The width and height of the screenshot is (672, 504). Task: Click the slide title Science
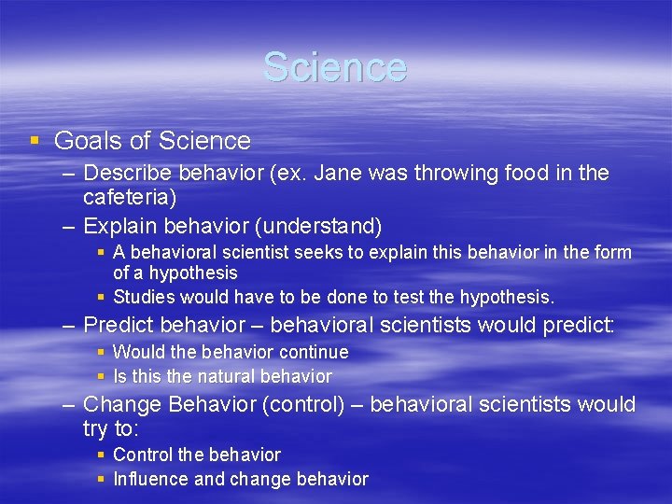pos(335,67)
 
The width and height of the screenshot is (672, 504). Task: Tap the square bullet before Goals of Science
pos(35,141)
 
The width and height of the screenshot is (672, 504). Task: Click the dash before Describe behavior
pos(69,174)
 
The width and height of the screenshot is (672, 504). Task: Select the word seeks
pos(322,253)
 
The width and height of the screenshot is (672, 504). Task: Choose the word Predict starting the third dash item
pos(119,326)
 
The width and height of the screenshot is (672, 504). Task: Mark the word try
pos(96,428)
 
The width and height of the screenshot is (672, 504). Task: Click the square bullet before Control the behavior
pos(102,455)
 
